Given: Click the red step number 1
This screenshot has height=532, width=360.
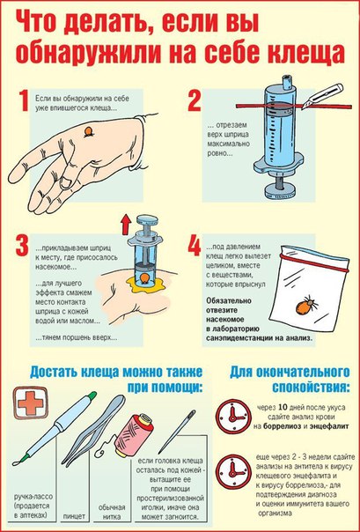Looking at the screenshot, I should coord(25,102).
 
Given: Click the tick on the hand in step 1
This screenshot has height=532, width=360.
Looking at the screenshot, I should coord(89,132).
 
